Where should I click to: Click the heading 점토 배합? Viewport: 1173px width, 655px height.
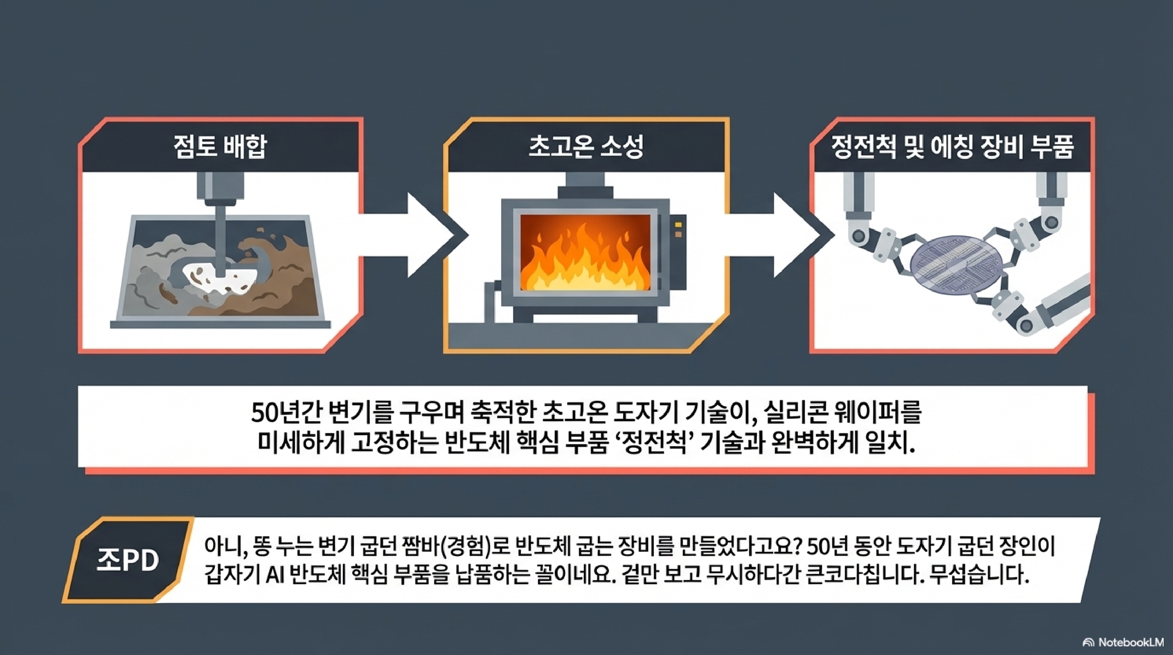click(220, 147)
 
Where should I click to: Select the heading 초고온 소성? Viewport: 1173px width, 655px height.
click(586, 147)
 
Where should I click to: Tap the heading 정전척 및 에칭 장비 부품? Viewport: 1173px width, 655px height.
click(953, 147)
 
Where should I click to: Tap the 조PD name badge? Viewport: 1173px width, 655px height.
click(128, 560)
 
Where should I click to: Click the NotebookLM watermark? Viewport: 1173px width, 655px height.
click(1128, 643)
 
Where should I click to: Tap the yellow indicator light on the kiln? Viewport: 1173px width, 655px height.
click(678, 225)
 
